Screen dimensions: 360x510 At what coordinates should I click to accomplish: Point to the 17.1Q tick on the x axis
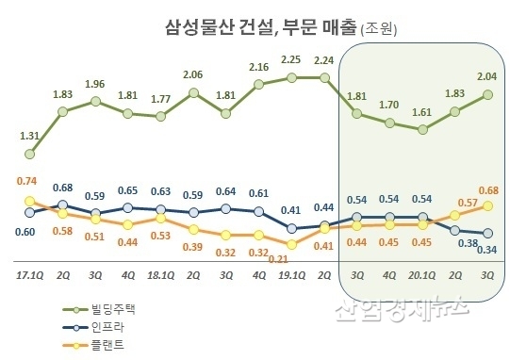coord(30,274)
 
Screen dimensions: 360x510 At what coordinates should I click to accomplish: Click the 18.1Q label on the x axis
coord(159,274)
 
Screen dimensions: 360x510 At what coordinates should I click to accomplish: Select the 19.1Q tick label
coord(290,274)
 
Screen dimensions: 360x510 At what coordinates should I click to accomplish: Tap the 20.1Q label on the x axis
coord(421,274)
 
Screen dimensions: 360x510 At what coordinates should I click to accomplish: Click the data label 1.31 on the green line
coord(29,136)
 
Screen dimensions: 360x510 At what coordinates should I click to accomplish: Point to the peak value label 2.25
coord(290,58)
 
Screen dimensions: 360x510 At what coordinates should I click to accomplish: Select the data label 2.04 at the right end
coord(486,74)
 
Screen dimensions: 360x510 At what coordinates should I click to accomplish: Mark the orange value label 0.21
coord(278,259)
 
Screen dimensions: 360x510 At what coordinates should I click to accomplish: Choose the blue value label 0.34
coord(486,250)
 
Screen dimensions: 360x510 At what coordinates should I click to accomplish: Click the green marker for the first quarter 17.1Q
coord(30,154)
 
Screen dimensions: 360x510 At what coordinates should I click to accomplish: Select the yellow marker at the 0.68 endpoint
coord(486,205)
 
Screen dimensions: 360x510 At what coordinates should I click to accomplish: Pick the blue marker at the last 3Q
coord(486,234)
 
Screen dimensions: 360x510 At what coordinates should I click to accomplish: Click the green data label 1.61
coord(421,109)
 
